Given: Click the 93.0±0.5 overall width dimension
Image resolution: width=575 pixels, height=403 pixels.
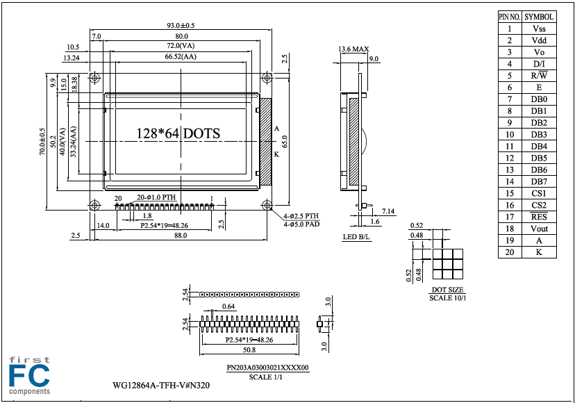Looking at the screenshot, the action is pyautogui.click(x=181, y=25).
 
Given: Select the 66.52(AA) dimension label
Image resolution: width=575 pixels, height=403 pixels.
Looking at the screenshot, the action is pyautogui.click(x=181, y=56).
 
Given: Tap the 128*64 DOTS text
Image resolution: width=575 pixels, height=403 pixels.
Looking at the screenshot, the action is pyautogui.click(x=178, y=133).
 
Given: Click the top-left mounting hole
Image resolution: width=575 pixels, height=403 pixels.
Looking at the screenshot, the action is pyautogui.click(x=95, y=78).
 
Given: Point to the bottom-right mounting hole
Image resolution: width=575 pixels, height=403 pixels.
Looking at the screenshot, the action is pyautogui.click(x=267, y=205).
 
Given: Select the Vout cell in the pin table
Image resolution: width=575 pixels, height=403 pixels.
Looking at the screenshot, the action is pyautogui.click(x=539, y=229).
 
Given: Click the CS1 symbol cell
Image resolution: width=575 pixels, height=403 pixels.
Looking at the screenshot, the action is pyautogui.click(x=539, y=193).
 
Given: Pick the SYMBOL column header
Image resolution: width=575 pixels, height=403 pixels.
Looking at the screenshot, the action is pyautogui.click(x=539, y=17).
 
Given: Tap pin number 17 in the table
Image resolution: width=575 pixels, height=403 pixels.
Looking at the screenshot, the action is pyautogui.click(x=510, y=217).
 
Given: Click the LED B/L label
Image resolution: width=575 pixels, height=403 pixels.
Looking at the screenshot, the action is pyautogui.click(x=356, y=237).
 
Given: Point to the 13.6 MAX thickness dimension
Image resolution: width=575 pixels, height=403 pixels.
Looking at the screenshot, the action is pyautogui.click(x=353, y=49).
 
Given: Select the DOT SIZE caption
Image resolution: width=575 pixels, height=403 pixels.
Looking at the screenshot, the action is pyautogui.click(x=447, y=290).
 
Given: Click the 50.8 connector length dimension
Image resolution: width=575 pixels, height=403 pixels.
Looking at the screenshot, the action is pyautogui.click(x=249, y=349).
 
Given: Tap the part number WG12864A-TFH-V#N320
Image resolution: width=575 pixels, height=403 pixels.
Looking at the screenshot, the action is pyautogui.click(x=161, y=385).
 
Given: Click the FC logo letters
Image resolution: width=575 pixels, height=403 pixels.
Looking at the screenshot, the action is pyautogui.click(x=29, y=376).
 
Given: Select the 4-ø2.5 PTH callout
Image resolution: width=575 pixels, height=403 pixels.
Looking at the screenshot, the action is pyautogui.click(x=301, y=216).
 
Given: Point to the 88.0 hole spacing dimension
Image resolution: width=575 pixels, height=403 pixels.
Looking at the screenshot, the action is pyautogui.click(x=181, y=236).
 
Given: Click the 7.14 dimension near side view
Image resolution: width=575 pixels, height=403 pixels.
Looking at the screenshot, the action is pyautogui.click(x=388, y=211).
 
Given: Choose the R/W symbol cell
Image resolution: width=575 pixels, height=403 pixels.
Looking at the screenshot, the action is pyautogui.click(x=539, y=76).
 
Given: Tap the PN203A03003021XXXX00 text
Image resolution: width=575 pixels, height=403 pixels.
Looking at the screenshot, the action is pyautogui.click(x=267, y=368).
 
